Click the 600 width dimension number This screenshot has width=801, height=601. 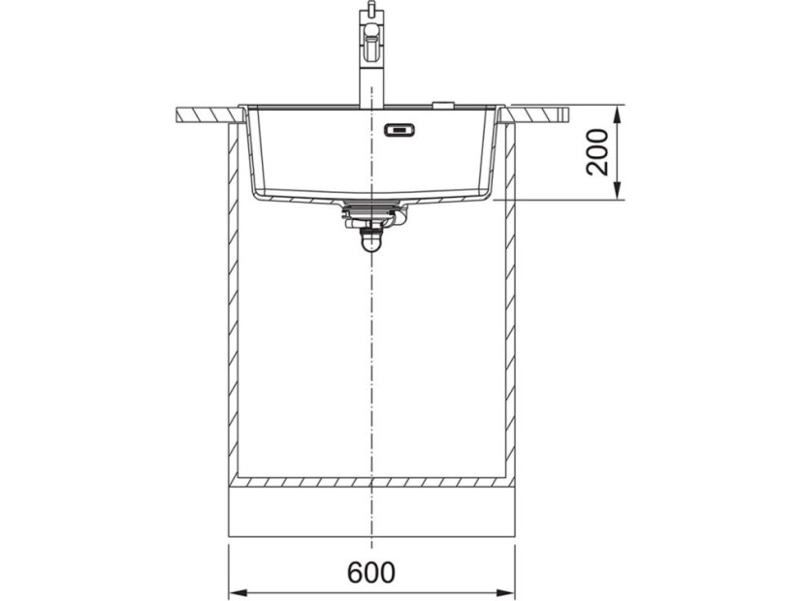[x=370, y=573]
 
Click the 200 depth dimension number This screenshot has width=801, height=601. [x=597, y=152]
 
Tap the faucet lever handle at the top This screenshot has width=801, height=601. [x=372, y=43]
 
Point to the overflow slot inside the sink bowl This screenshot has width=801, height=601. [x=400, y=130]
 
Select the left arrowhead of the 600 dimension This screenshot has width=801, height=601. [x=238, y=593]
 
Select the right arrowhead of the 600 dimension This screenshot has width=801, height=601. [x=505, y=593]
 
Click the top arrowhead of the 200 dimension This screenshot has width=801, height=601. [x=617, y=115]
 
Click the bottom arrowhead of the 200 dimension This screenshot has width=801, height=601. [x=617, y=190]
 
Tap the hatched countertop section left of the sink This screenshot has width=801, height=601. [x=208, y=115]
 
